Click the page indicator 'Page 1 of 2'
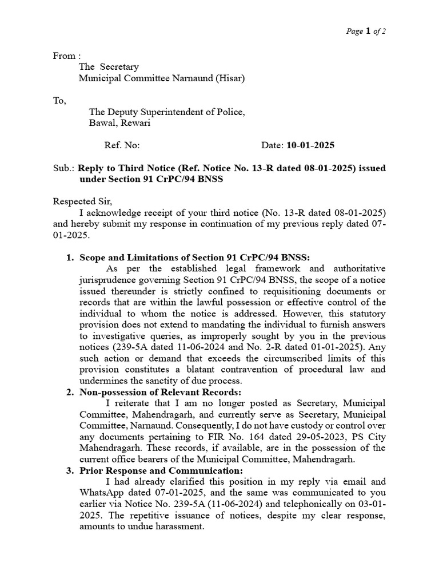click(x=366, y=31)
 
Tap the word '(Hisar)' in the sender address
click(x=230, y=78)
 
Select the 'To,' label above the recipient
click(x=59, y=101)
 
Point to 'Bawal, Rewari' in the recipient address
click(x=120, y=123)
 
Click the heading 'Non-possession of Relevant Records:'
click(x=161, y=392)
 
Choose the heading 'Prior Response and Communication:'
click(x=156, y=470)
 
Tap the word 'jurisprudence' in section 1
click(x=106, y=280)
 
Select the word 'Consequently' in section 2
click(x=198, y=425)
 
